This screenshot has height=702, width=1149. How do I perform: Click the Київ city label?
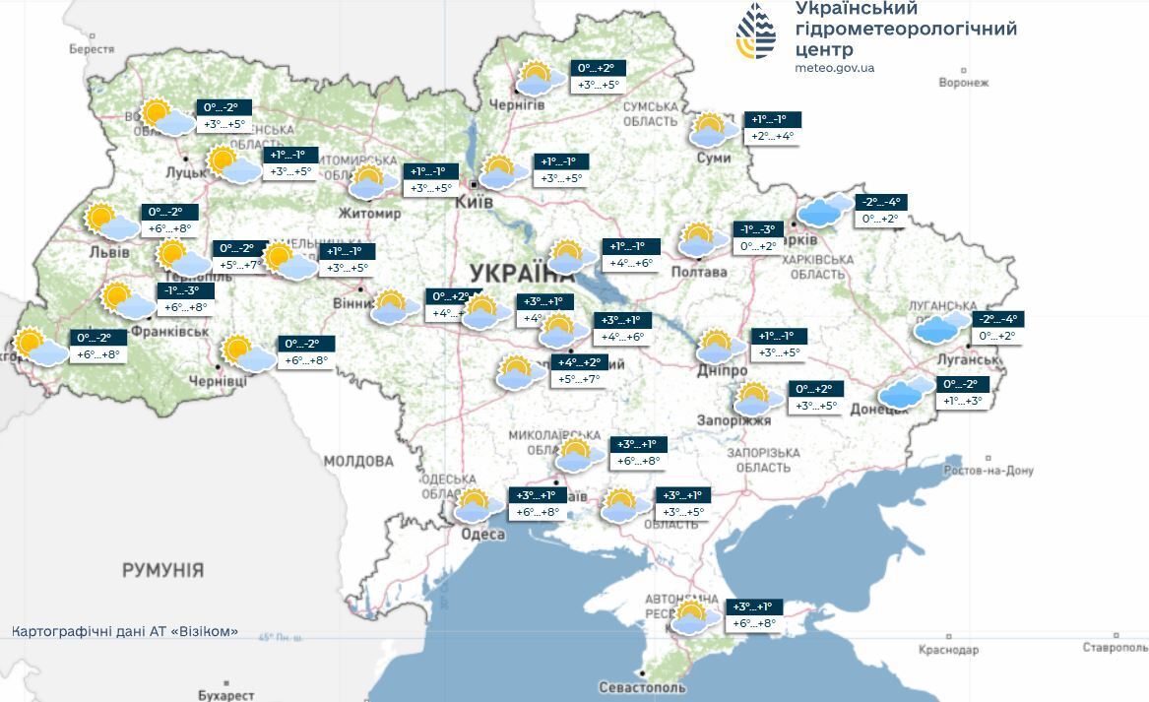coord(473,202)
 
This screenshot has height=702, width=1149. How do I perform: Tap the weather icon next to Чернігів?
coord(536,78)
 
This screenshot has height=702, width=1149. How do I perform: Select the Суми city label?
coord(712,158)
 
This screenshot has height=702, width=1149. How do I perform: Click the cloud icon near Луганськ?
coord(942,327)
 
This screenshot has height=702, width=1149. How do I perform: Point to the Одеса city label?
coord(483,535)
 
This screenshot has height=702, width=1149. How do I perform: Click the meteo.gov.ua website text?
coord(834,68)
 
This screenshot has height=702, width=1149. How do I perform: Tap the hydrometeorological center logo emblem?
coord(756,32)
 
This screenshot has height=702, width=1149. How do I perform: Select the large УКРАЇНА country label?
coord(522,273)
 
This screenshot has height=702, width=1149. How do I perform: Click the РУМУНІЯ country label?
coord(163,570)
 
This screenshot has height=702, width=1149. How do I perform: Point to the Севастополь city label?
coord(643,686)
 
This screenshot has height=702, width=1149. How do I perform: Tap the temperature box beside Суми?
coord(772,128)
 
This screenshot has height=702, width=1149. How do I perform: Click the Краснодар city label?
coord(948,650)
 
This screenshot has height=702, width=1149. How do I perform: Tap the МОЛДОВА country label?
coord(358,461)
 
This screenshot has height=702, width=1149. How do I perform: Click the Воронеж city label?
coord(963,83)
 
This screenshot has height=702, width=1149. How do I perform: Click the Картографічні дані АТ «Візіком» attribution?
coord(125,631)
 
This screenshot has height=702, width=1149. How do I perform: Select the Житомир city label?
coord(369,213)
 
